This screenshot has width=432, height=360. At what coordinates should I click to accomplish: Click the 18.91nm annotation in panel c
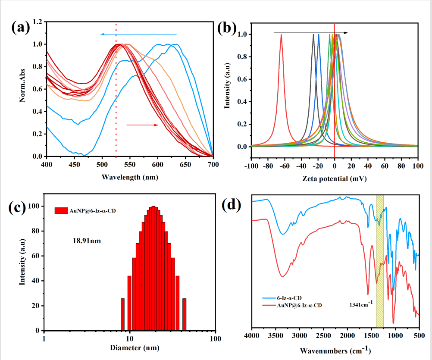point(87,241)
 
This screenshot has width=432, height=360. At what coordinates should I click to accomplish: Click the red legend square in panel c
point(61,211)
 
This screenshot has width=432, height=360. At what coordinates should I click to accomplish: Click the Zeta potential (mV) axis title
point(335,178)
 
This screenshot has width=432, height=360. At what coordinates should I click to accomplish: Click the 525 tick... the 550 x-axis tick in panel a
point(130,165)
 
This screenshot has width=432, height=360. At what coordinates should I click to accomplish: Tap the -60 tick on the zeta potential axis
point(284,166)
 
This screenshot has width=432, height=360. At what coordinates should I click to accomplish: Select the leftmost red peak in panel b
point(281,35)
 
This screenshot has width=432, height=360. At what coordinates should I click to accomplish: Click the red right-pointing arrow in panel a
point(142,125)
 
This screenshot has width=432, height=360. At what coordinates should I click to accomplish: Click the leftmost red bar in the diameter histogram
point(122,314)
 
